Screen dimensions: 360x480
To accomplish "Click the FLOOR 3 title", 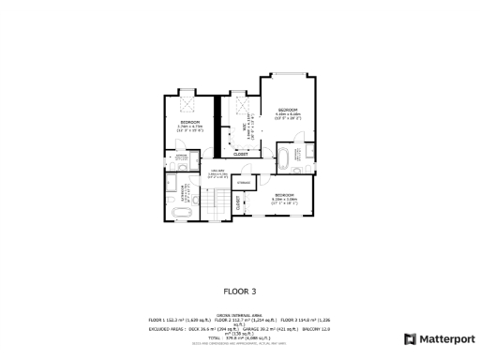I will click(239, 291).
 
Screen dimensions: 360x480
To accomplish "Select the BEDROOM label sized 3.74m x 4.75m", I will click(190, 126).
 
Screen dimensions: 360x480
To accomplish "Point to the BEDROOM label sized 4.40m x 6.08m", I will click(288, 114).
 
